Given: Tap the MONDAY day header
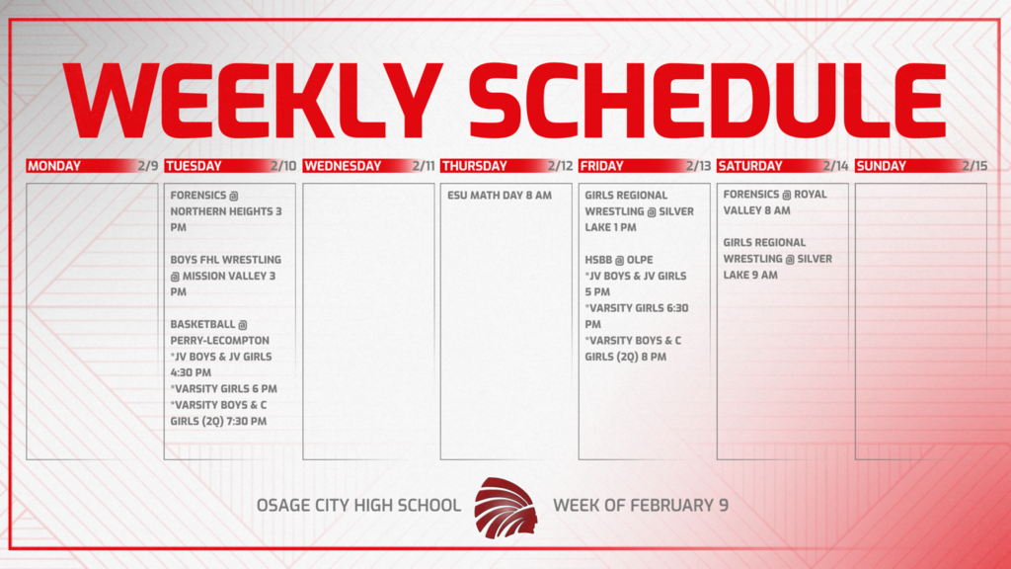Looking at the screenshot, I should click(54, 166).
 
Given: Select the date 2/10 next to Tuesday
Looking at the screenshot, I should click(282, 166).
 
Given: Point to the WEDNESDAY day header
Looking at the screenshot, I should click(342, 166).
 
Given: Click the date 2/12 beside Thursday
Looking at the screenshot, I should click(559, 166).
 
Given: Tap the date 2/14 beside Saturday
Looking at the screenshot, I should click(835, 166).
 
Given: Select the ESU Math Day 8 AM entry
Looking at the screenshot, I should click(499, 196).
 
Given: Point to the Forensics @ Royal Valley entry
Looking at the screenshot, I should click(775, 203).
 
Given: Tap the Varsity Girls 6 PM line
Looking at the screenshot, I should click(224, 389).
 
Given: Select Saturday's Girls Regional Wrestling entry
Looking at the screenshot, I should click(777, 259).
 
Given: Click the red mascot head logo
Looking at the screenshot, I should click(505, 506).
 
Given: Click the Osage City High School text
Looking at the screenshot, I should click(358, 506).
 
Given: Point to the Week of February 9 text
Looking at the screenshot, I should click(641, 506).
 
